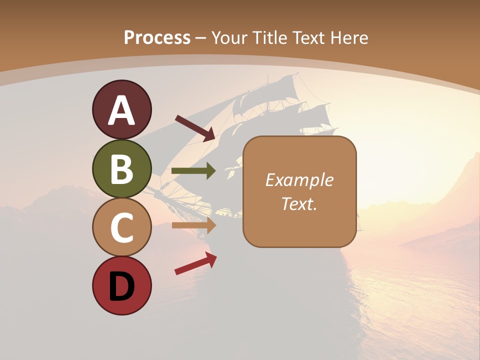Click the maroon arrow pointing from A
click(x=195, y=128)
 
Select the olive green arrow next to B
click(x=193, y=171)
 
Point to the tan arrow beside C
click(x=193, y=225)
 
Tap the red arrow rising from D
click(x=195, y=263)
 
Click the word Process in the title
click(x=157, y=37)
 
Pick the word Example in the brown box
click(x=299, y=180)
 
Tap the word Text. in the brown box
click(x=299, y=203)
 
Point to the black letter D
click(x=121, y=286)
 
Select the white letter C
click(x=121, y=227)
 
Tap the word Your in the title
click(x=229, y=37)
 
